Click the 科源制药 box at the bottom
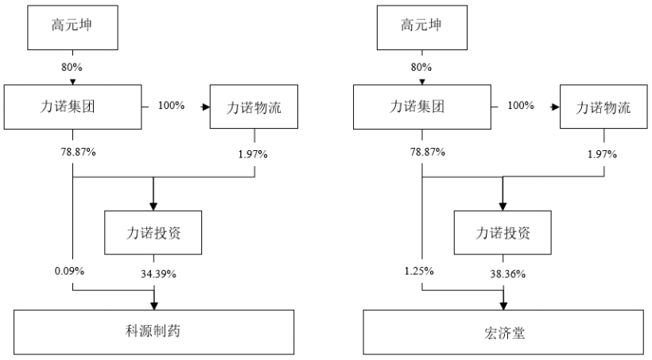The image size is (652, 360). pos(154,331)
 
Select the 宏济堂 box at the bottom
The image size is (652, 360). pos(503,331)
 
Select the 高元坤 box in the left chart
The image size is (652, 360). pos(73,25)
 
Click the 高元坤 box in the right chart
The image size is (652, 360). pos(422,25)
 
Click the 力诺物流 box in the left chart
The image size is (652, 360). pos(255,106)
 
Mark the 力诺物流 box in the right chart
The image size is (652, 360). pos(604,106)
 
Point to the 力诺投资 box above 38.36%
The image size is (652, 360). pos(503,233)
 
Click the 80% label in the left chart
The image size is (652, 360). pos(73,66)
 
